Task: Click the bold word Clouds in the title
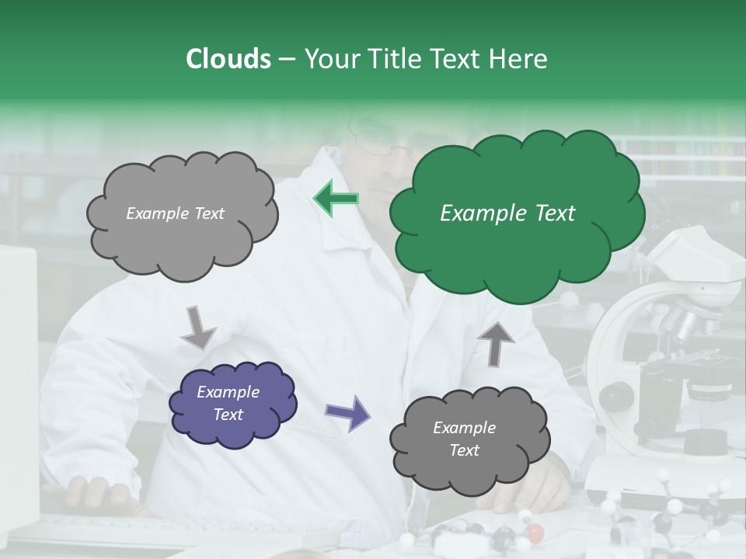tap(228, 59)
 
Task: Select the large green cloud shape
tap(516, 214)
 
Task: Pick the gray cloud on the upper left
tap(180, 214)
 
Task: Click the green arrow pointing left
tap(336, 200)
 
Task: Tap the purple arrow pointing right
tap(347, 412)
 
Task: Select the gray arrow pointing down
tap(198, 326)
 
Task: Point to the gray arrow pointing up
tap(495, 342)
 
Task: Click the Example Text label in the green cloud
tap(507, 214)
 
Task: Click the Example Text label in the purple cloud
tap(228, 404)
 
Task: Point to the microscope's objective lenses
tap(679, 322)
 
